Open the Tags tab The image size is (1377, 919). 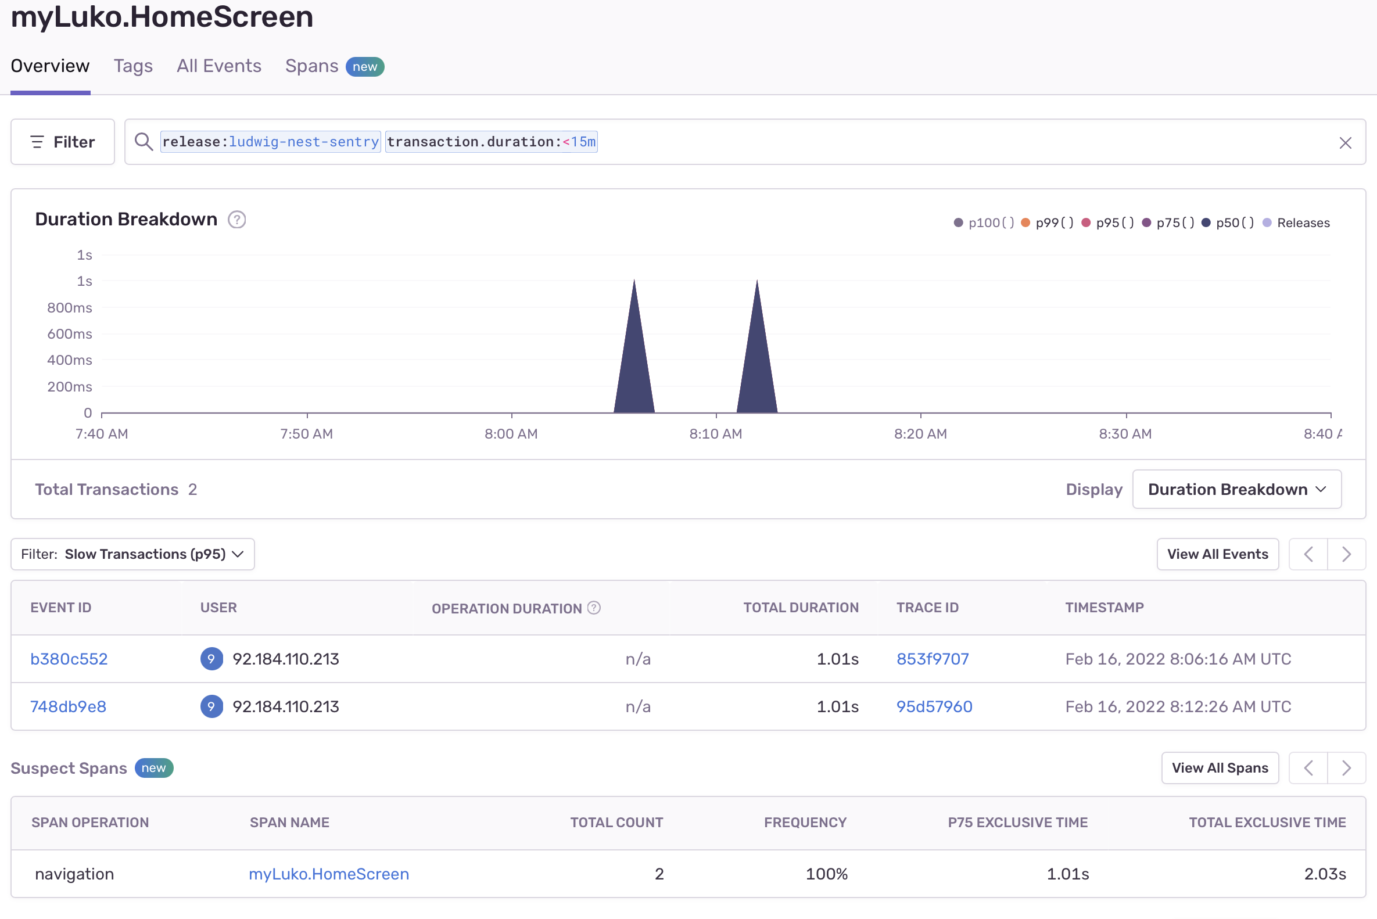[x=133, y=66]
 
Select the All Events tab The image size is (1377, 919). [x=218, y=66]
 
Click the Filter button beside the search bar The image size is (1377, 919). [x=63, y=142]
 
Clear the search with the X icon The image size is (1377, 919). [x=1345, y=142]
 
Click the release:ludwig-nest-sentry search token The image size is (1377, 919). [x=270, y=142]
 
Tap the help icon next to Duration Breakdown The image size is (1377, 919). [x=237, y=220]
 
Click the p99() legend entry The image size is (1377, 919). [x=1048, y=222]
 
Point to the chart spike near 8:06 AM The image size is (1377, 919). [x=634, y=351]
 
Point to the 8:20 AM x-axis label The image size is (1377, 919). [x=920, y=434]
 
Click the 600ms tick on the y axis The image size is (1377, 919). [x=70, y=334]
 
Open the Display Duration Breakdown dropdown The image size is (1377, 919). [x=1236, y=489]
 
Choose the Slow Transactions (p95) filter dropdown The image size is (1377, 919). [x=133, y=554]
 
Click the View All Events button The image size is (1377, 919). [x=1217, y=554]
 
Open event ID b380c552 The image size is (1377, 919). [x=69, y=659]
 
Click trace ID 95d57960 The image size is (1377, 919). [x=934, y=706]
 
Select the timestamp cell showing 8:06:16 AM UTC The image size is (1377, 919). [x=1178, y=659]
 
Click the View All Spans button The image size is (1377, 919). [x=1220, y=768]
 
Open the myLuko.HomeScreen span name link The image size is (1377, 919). [x=329, y=874]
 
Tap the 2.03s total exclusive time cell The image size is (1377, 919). [x=1324, y=874]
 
